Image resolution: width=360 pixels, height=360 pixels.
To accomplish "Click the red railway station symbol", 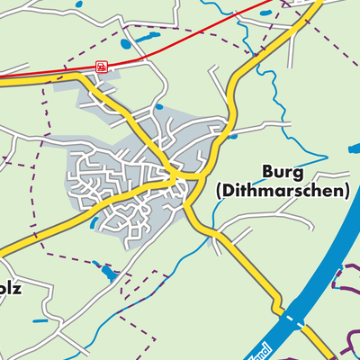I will coord(101,66).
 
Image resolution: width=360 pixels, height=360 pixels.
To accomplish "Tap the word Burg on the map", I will coord(281,171).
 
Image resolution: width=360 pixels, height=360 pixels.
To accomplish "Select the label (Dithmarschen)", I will coord(282,191).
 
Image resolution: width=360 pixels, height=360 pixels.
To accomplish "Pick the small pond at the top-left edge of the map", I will coord(78,4).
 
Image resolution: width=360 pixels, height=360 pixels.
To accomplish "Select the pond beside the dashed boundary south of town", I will coord(107,272).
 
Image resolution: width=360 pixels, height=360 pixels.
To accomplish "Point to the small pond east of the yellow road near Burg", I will coord(234,137).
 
